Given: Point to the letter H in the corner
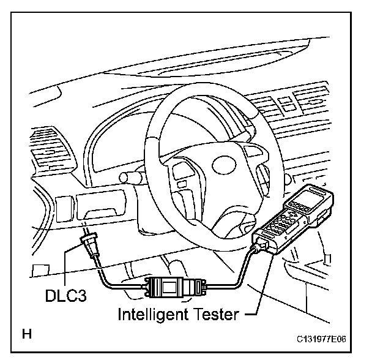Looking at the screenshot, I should click(27, 334).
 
